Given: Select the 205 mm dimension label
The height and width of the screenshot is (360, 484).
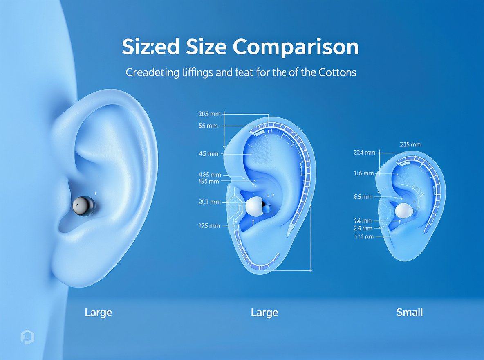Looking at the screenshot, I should point(208,114).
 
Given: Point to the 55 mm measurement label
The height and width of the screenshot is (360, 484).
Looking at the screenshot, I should point(208,126).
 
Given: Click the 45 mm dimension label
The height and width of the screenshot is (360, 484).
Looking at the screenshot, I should point(208,154).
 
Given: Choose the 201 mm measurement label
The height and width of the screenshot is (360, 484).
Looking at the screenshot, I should point(209,202).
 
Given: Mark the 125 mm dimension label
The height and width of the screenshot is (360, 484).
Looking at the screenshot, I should point(208,225).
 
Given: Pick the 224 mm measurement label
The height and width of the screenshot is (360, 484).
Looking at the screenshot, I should point(364,153).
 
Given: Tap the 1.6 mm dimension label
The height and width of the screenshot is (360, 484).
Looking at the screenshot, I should point(364,173).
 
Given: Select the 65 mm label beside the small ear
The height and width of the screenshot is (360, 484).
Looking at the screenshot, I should point(363,197).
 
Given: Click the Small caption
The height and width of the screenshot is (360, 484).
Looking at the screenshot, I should point(410,313).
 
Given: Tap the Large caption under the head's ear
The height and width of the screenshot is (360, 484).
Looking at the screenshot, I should point(98,313).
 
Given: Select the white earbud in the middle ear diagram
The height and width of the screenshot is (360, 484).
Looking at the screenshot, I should point(254,206).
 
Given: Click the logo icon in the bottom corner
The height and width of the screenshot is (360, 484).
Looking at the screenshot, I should point(27,337).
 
